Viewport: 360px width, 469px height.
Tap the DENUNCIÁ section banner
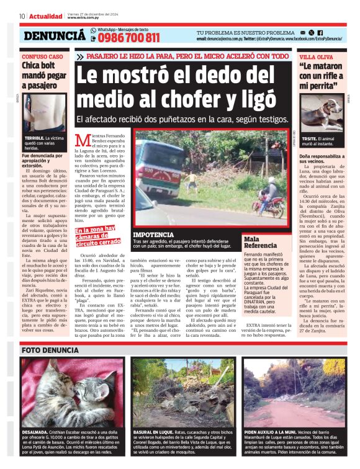click(54, 36)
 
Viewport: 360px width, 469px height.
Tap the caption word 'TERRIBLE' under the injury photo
click(35, 138)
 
